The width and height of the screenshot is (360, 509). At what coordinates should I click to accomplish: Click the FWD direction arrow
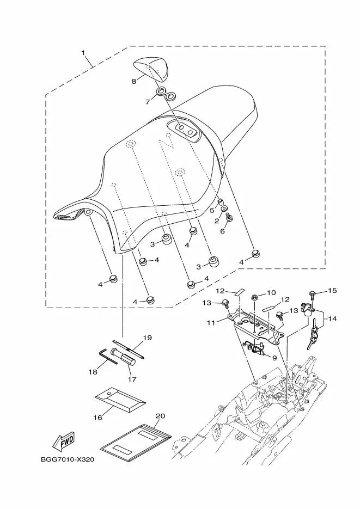64,442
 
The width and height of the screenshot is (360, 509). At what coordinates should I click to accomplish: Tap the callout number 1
83,52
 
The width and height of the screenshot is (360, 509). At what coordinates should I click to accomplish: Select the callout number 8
134,82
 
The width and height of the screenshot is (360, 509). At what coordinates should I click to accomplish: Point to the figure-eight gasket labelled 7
166,94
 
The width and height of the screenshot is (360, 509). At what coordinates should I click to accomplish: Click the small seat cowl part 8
151,68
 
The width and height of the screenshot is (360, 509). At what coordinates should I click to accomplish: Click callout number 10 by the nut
271,293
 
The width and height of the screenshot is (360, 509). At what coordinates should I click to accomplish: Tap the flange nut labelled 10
255,297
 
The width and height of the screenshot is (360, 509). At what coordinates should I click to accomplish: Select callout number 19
148,338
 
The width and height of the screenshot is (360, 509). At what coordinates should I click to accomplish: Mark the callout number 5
212,210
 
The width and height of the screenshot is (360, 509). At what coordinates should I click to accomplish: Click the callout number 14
332,319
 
